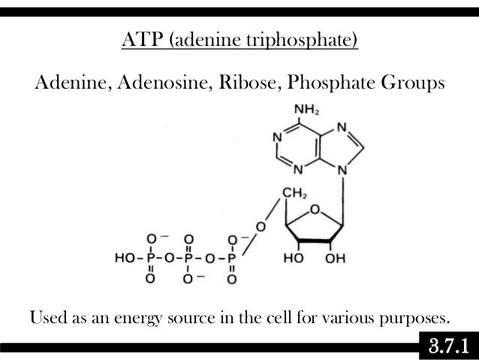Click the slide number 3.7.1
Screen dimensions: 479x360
[x=447, y=346]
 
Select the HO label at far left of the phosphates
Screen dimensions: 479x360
[x=125, y=258]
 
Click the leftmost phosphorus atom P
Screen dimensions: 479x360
[x=152, y=258]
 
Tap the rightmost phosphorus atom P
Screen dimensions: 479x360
[x=231, y=258]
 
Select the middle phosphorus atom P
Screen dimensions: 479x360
[x=191, y=258]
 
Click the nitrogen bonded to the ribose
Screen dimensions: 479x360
[x=343, y=171]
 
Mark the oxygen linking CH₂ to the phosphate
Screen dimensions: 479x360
[x=260, y=226]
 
